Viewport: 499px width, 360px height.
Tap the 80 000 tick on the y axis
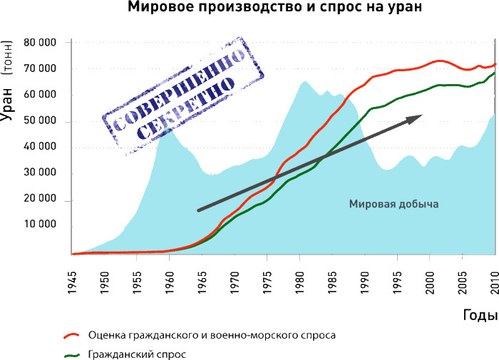pos(39,43)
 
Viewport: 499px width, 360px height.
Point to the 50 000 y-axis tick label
pos(39,122)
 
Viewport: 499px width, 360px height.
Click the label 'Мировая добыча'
pos(393,204)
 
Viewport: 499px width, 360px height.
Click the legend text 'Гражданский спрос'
pos(137,354)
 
